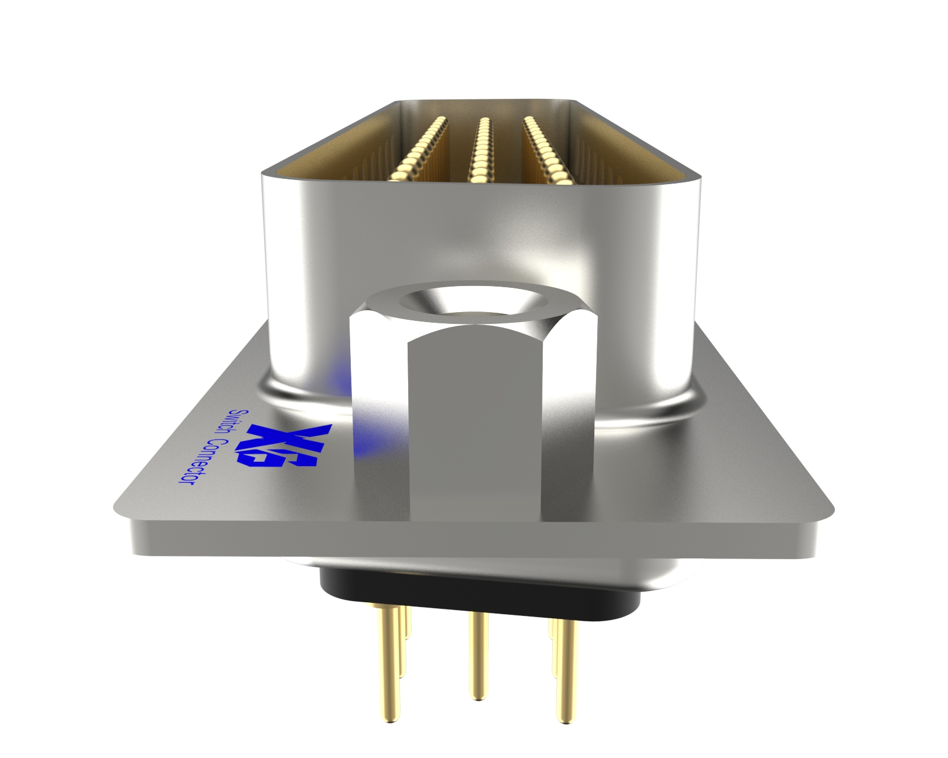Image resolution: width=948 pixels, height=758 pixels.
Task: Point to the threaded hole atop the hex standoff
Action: [473, 304]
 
